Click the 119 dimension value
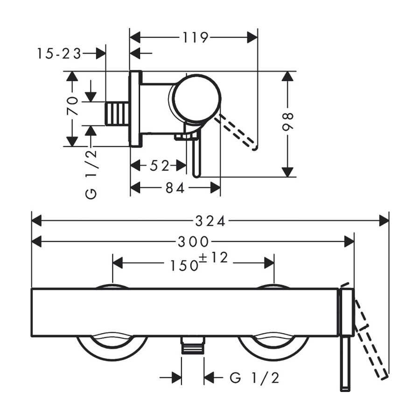[x=195, y=37]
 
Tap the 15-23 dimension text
[x=59, y=54]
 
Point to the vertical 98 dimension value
[x=287, y=122]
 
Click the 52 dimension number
[x=160, y=166]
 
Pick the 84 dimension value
[x=175, y=188]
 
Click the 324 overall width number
[x=210, y=221]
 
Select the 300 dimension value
[x=193, y=242]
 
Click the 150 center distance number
[x=184, y=266]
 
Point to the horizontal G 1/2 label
[x=254, y=378]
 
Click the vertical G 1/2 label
[x=91, y=174]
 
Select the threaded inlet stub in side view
[x=117, y=113]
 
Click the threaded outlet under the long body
[x=193, y=345]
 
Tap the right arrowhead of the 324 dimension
[x=384, y=221]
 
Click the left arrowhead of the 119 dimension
[x=135, y=37]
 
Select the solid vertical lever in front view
[x=345, y=363]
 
